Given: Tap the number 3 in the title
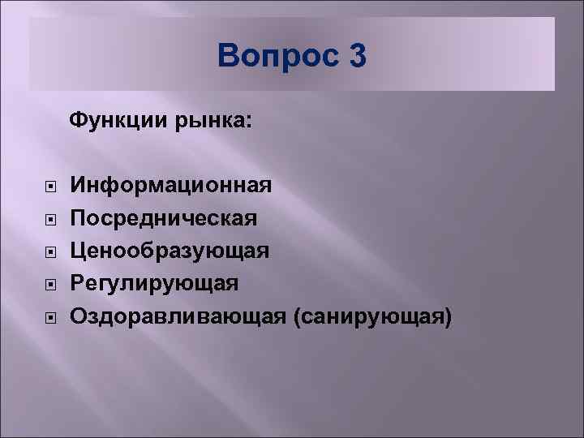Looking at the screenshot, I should click(356, 57).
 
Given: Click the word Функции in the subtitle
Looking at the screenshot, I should click(118, 121).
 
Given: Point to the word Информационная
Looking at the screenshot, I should click(171, 186).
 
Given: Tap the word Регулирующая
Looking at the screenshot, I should click(154, 282).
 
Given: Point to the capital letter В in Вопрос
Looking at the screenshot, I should click(230, 57).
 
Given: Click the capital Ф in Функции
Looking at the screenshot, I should click(78, 121).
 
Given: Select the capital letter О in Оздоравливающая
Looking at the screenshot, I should click(79, 315).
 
